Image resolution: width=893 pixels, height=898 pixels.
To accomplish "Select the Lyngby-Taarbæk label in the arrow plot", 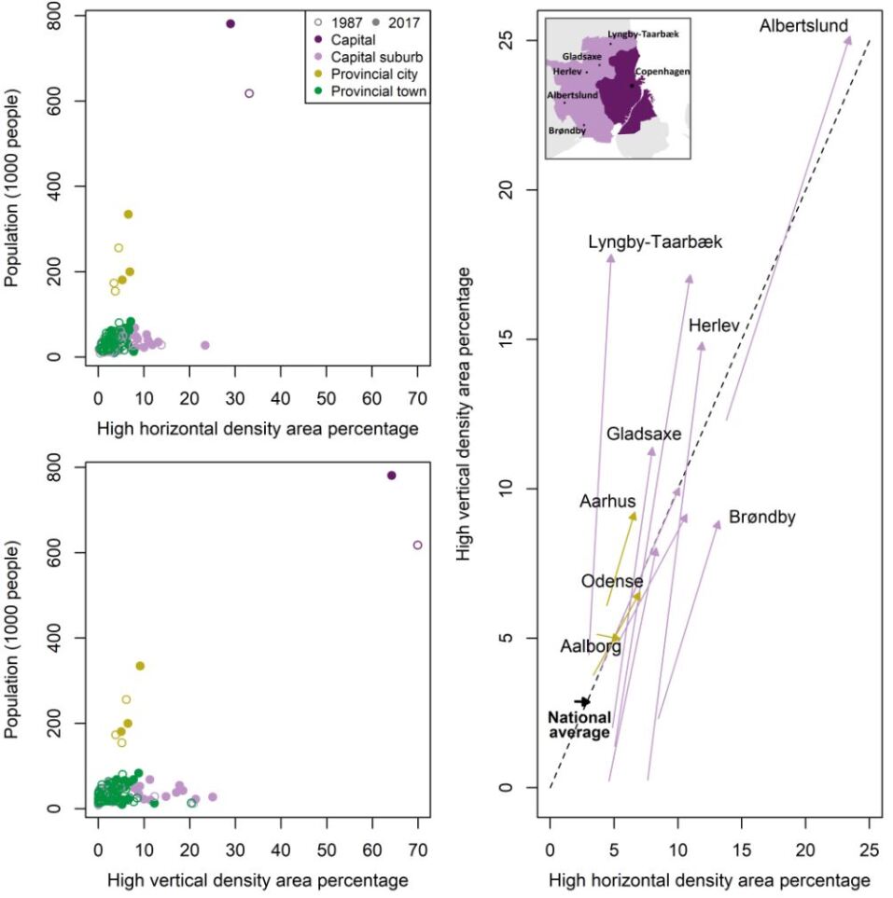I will [655, 242].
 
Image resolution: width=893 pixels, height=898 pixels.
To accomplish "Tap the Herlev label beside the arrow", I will [714, 325].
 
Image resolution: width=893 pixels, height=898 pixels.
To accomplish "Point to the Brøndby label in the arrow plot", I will [761, 517].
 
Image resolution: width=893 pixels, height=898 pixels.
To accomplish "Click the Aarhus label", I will [607, 502].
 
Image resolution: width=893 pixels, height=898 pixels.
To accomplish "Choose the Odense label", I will [611, 581].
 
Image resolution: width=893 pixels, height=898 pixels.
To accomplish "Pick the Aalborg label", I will [591, 645].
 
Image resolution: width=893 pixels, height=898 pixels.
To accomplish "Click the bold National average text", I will [579, 725].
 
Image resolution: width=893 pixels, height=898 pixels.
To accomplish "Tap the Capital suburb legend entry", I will [380, 57].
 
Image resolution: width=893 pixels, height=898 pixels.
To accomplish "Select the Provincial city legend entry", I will [382, 74].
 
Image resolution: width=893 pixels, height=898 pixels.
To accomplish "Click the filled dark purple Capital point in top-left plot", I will [230, 23].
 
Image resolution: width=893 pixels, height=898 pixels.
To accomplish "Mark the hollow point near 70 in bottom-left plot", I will [417, 545].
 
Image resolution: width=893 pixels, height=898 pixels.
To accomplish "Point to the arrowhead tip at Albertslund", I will [849, 36].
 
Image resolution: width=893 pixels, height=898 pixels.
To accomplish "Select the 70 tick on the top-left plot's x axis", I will [417, 397].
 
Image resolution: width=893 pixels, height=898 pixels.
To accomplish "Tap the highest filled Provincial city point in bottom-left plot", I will [140, 666].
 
